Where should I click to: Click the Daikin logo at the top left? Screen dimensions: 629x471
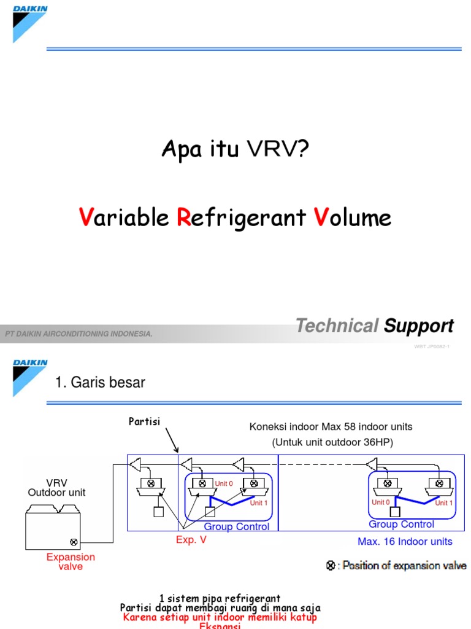29,24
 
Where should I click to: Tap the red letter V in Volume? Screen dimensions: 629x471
320,217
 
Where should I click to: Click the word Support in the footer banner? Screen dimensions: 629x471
418,326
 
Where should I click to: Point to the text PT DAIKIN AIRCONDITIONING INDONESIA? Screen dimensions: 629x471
78,334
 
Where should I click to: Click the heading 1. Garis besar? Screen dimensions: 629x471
100,382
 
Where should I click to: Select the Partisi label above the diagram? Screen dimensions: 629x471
144,421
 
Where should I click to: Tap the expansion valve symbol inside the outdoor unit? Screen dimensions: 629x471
74,542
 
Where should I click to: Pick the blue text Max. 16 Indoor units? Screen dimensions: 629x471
405,542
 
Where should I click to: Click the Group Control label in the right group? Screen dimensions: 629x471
401,524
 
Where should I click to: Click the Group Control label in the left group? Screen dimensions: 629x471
236,526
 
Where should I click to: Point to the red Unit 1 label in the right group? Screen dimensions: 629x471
444,502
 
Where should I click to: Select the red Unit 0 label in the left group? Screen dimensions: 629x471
224,483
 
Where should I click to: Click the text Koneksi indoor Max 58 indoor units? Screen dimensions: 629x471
331,426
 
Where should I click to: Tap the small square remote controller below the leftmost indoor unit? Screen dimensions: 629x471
159,512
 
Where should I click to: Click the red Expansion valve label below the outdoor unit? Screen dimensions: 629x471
71,561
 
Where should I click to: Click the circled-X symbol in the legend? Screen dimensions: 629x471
331,566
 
